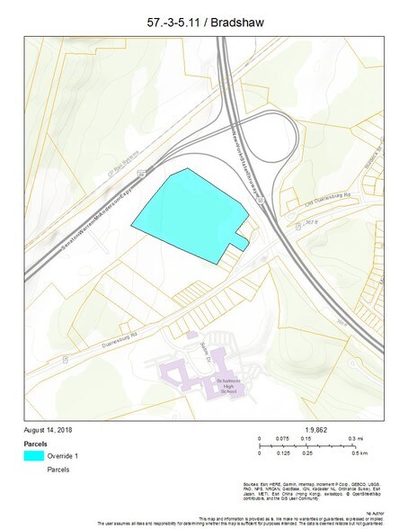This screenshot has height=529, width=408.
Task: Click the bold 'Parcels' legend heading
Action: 35,444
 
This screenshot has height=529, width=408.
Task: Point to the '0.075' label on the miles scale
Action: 284,439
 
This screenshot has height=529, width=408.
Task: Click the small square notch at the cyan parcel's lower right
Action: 240,238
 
